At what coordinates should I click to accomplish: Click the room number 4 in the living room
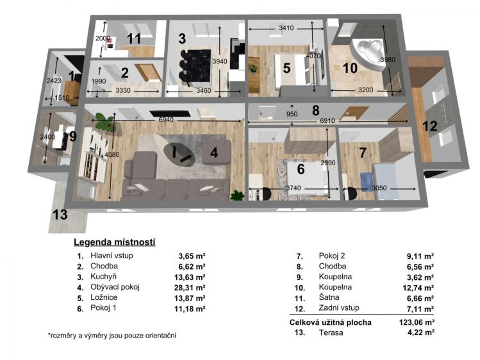(215, 153)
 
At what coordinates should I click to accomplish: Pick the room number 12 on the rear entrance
(429, 126)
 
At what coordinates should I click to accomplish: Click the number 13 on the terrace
(60, 215)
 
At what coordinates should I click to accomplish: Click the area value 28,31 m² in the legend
(192, 286)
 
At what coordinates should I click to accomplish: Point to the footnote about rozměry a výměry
(112, 335)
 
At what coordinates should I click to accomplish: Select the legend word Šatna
(329, 298)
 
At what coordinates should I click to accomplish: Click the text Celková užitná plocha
(330, 322)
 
